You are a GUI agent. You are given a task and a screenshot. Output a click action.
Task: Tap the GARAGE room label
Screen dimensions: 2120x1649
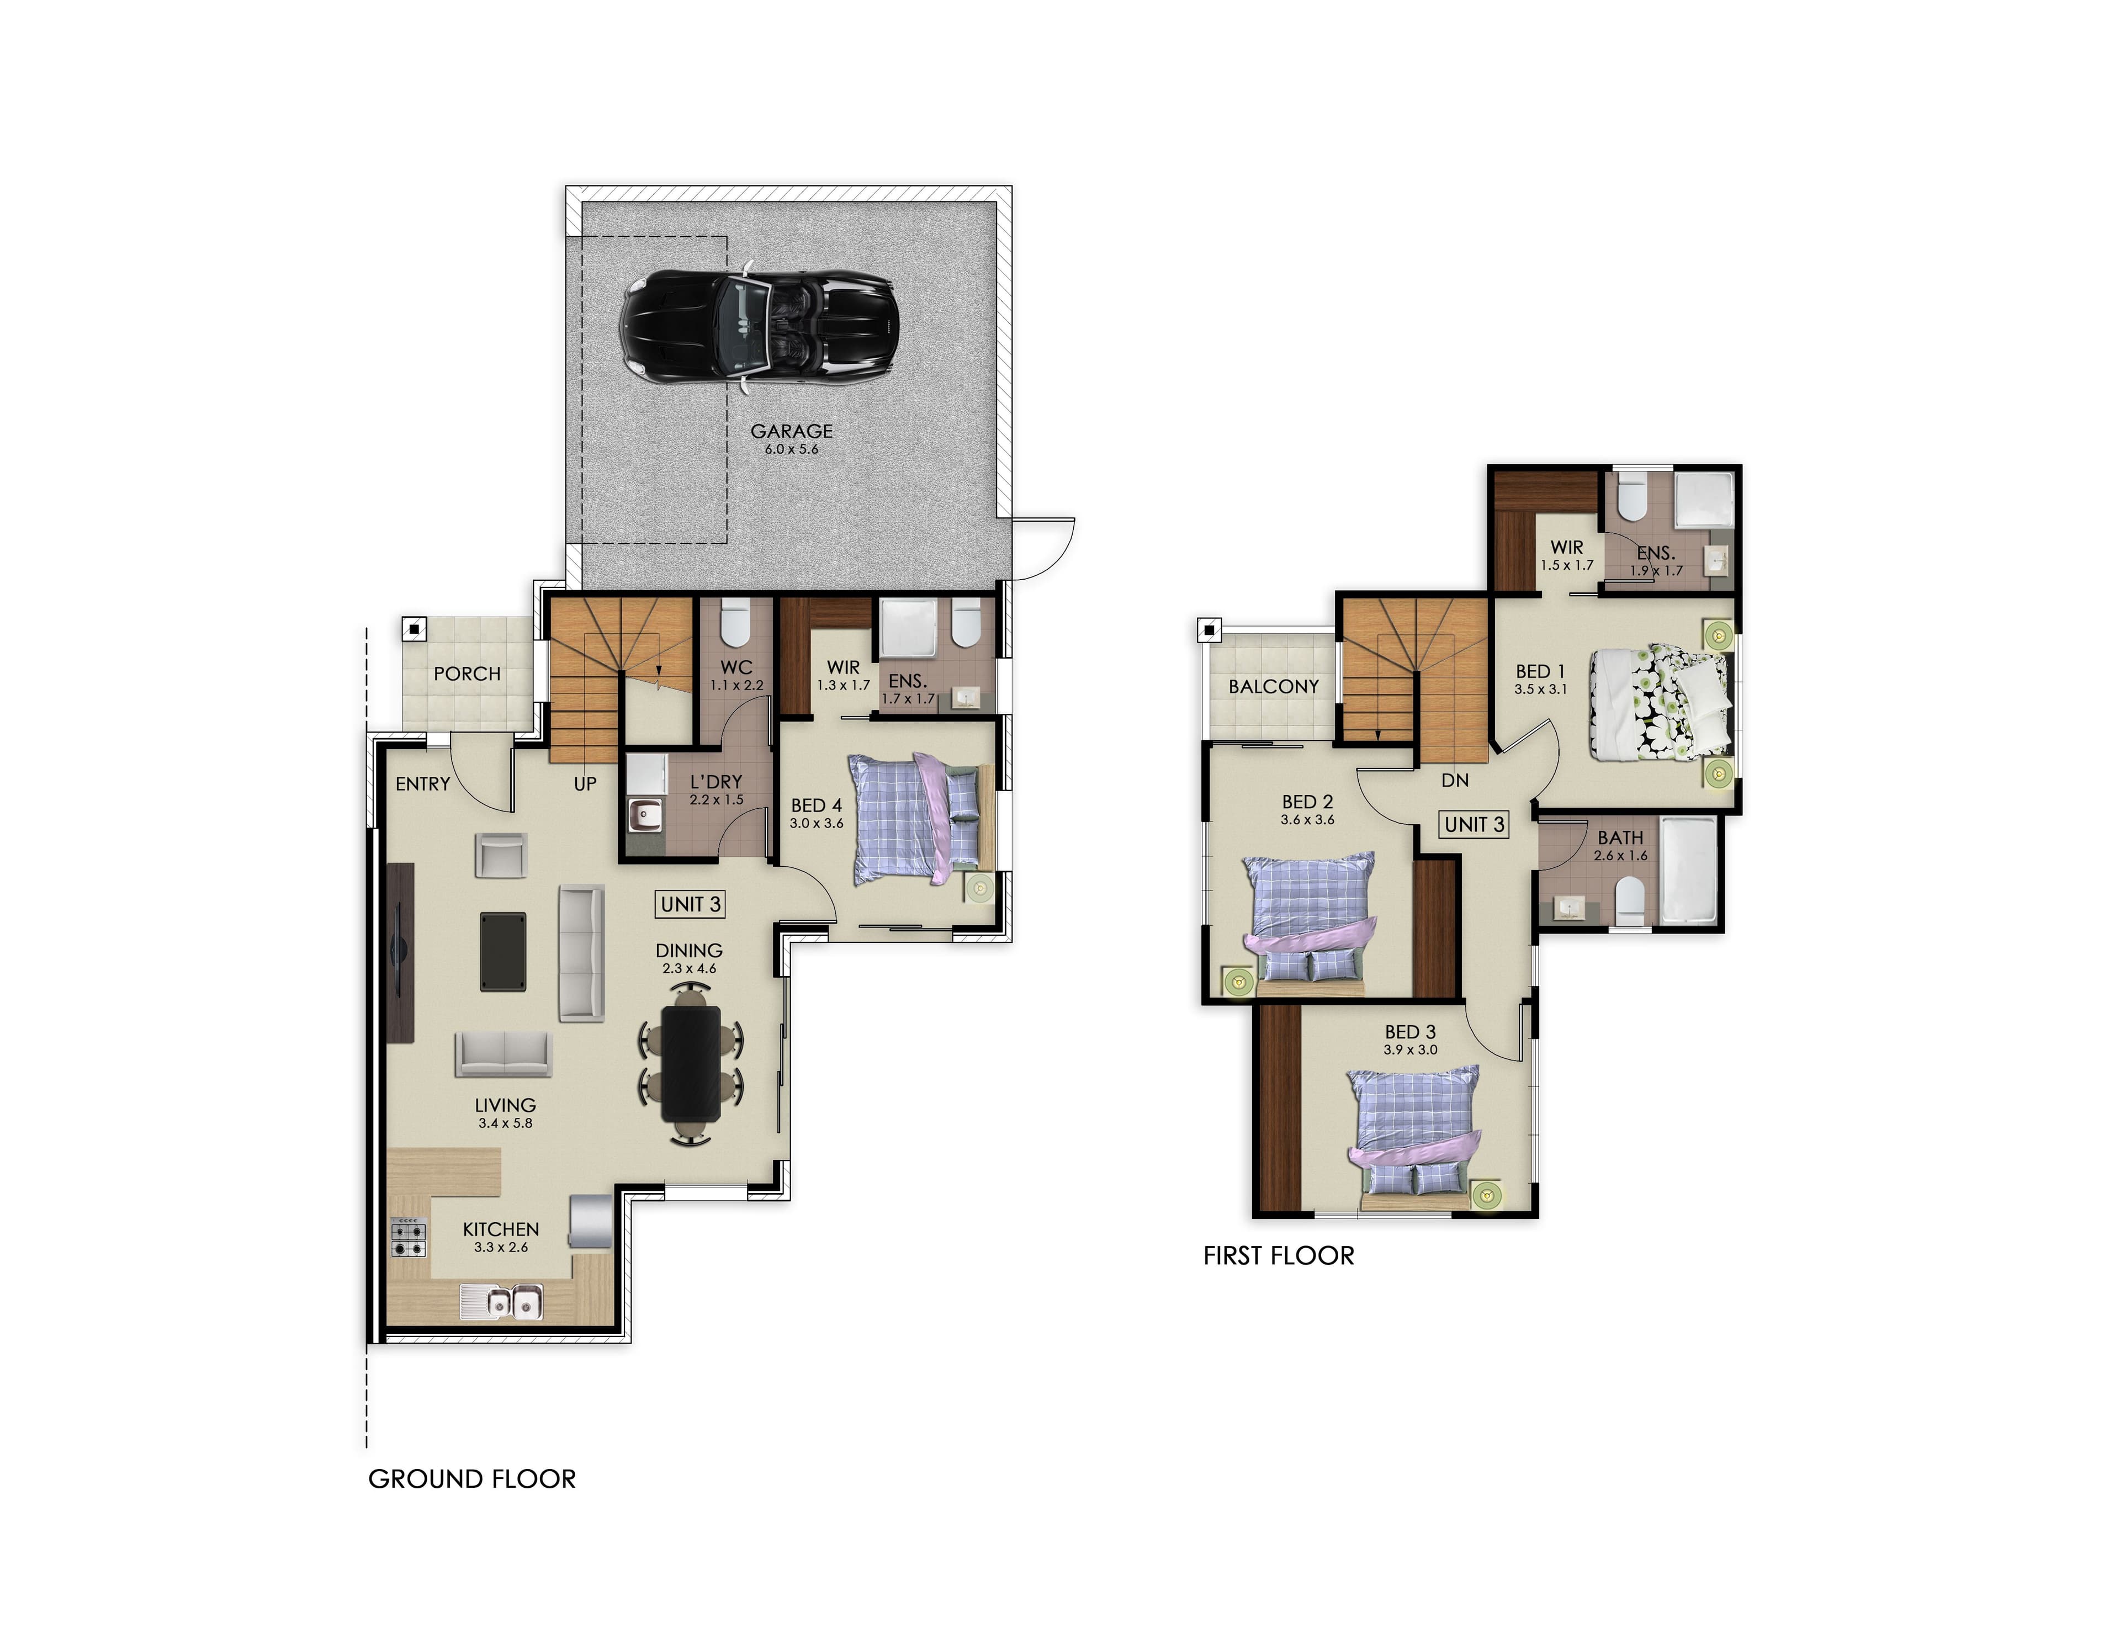791,431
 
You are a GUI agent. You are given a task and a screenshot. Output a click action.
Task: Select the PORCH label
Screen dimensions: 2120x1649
467,674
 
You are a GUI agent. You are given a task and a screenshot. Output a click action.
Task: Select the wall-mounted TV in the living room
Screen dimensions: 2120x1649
400,953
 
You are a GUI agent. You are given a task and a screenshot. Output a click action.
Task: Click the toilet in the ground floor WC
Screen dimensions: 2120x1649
735,623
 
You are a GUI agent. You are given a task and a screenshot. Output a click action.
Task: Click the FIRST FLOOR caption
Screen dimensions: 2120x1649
1279,1256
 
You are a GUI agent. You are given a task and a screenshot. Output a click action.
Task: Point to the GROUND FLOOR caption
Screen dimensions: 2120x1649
472,1479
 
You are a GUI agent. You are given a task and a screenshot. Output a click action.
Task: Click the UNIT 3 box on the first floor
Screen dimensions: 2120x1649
1474,824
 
